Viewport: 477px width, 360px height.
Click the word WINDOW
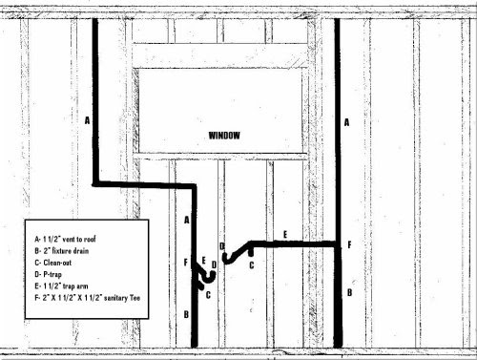tap(224, 136)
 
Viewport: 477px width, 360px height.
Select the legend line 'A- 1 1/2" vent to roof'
tap(65, 239)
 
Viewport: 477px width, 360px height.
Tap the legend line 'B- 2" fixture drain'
tap(62, 251)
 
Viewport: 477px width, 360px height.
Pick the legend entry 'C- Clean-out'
tap(53, 263)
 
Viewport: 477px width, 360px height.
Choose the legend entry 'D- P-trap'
tap(48, 274)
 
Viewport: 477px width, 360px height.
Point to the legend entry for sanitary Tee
tap(88, 298)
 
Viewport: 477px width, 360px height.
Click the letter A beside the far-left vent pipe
tap(87, 120)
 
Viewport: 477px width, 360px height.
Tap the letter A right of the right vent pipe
tap(346, 122)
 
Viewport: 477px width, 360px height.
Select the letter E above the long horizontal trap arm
tap(285, 235)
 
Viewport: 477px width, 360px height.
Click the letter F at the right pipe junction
tap(349, 244)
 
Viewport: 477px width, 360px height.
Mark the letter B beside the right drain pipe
tap(349, 292)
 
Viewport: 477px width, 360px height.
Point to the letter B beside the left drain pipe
tap(186, 314)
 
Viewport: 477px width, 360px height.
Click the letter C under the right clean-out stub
tap(252, 265)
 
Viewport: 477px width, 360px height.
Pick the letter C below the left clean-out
tap(208, 295)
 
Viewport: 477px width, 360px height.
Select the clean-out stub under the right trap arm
tap(251, 252)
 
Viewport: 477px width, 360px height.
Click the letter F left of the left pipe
tap(186, 263)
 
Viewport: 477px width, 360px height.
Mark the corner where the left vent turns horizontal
tap(95, 183)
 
